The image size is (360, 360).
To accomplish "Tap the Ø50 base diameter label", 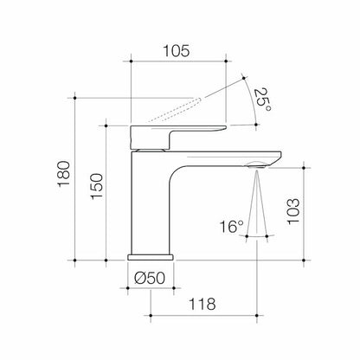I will [151, 278].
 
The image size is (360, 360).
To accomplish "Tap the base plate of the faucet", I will [151, 257].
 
